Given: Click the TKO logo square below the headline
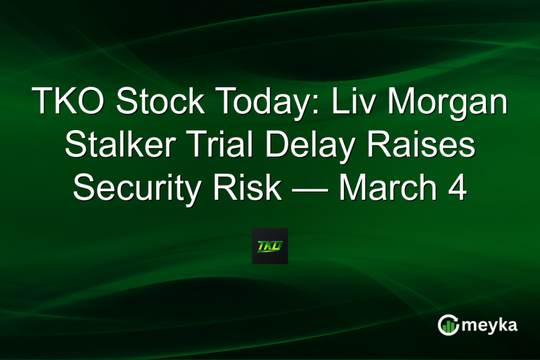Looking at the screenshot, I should tap(270, 246).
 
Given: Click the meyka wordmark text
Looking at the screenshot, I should tap(490, 325).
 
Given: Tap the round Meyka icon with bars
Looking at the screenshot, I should tap(449, 325).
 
